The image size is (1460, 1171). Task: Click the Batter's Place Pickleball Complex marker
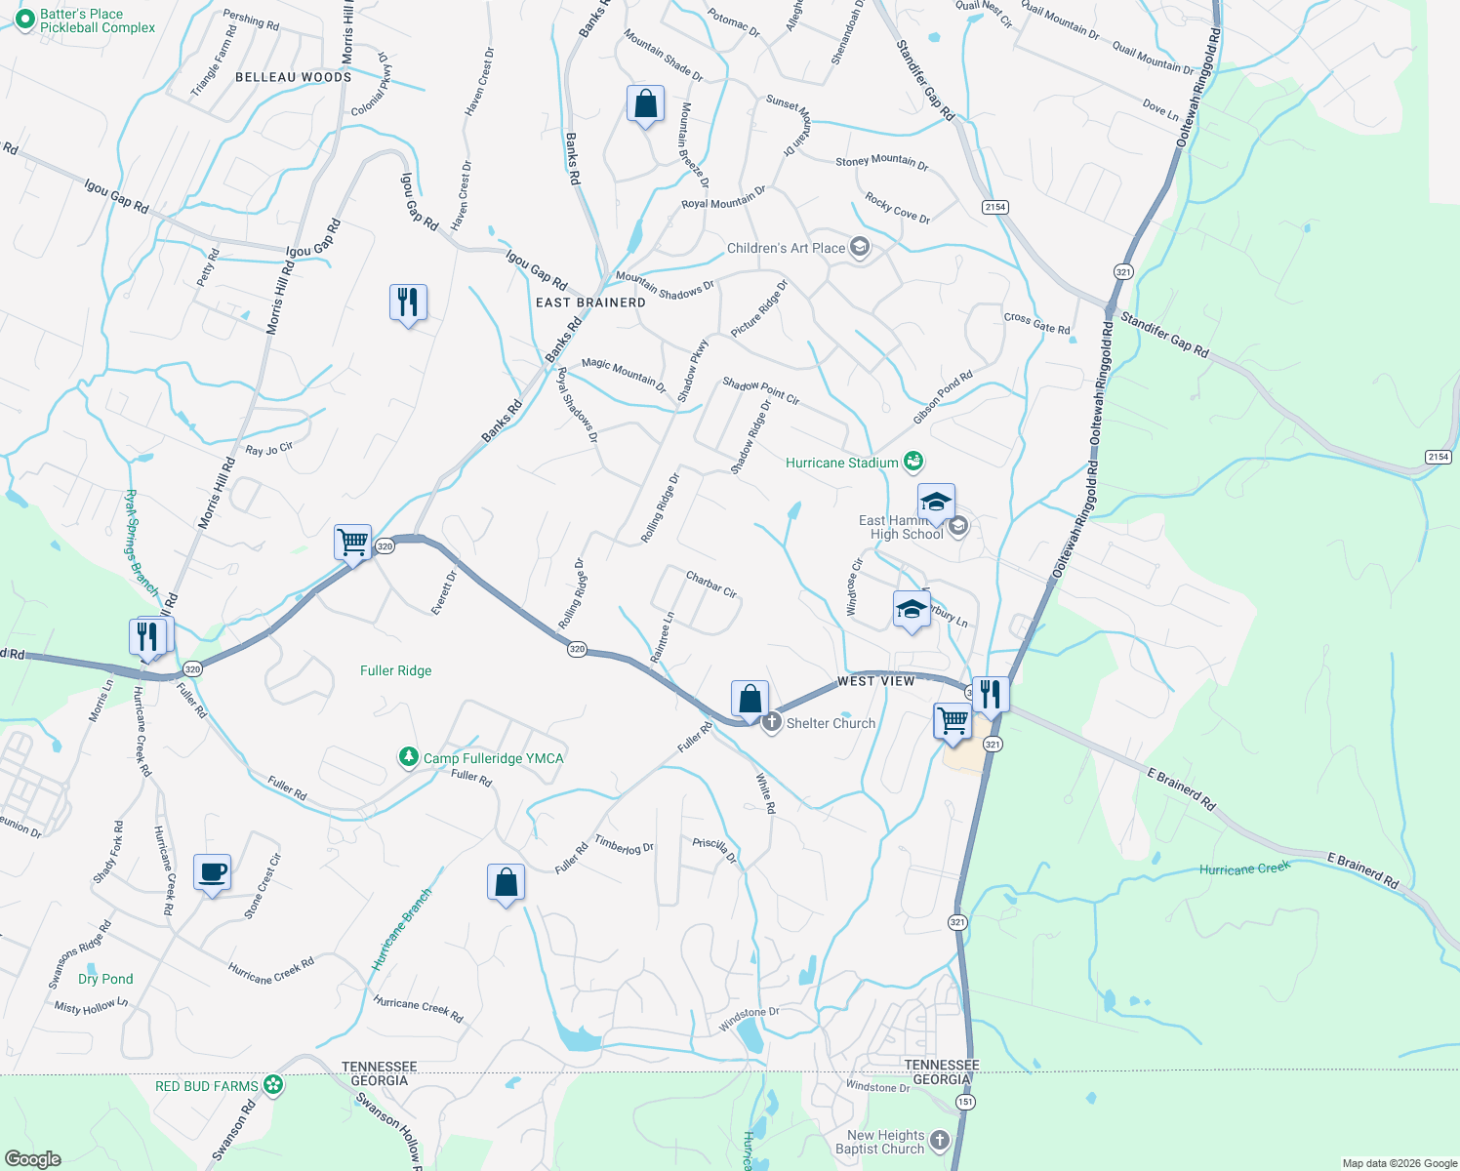tap(25, 20)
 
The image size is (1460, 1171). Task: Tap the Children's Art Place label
tap(786, 248)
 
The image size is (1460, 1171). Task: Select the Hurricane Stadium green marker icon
tap(913, 462)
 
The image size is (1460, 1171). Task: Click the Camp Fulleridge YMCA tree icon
tap(408, 757)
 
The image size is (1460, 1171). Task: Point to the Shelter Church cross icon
tap(771, 723)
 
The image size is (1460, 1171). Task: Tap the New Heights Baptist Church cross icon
tap(939, 1140)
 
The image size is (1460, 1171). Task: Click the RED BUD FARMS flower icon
tap(274, 1084)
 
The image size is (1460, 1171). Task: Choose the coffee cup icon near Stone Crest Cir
tap(212, 871)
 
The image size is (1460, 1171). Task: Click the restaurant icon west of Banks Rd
tap(408, 302)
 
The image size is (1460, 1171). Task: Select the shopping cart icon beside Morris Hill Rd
tap(352, 541)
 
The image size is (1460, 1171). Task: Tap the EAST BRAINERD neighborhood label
tap(590, 303)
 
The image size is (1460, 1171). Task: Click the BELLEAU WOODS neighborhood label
tap(293, 77)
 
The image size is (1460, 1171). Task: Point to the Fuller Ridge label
tap(395, 670)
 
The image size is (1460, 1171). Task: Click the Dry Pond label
tap(105, 979)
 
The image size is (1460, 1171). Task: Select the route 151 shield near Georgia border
tap(965, 1102)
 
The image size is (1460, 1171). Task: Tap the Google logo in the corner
tap(32, 1159)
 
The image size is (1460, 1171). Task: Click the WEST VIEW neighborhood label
tap(875, 681)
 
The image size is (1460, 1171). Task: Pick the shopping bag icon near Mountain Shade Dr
tap(645, 103)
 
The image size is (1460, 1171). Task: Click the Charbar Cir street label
tap(711, 584)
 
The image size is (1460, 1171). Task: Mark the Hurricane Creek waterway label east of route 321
tap(1244, 868)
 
